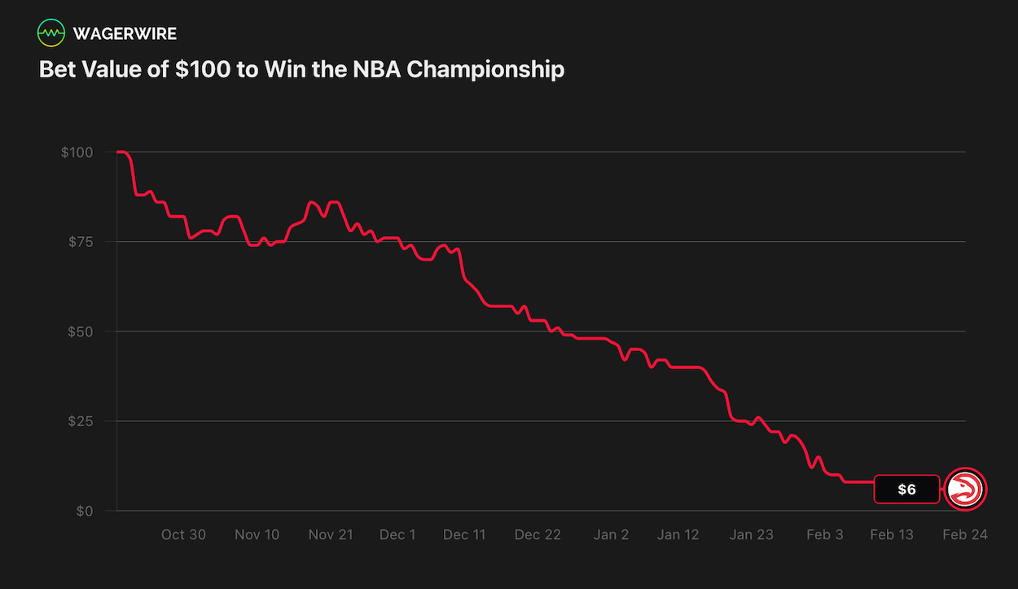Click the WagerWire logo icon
51,33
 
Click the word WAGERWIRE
125,33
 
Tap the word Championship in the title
485,69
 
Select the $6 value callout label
906,489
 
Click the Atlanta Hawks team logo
966,489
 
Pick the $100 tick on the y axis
77,152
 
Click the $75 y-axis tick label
80,242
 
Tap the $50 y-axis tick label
80,332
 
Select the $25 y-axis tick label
80,421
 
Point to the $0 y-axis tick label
84,511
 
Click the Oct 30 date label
183,534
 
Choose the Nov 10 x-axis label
257,534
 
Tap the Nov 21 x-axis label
331,534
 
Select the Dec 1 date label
397,534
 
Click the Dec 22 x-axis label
538,534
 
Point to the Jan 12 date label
678,534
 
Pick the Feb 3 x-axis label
825,534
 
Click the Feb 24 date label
965,534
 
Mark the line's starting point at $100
119,152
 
